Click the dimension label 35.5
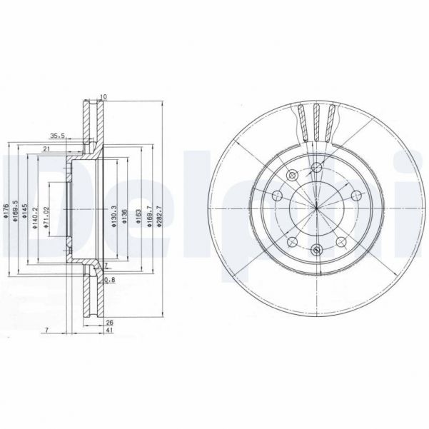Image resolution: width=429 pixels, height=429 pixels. [x=57, y=135]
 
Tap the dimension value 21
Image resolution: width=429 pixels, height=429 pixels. [x=45, y=148]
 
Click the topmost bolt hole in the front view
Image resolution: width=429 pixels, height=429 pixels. [x=316, y=167]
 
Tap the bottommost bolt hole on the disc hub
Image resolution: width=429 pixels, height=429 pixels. [x=316, y=249]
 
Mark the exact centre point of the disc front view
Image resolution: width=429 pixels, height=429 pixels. [x=316, y=208]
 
